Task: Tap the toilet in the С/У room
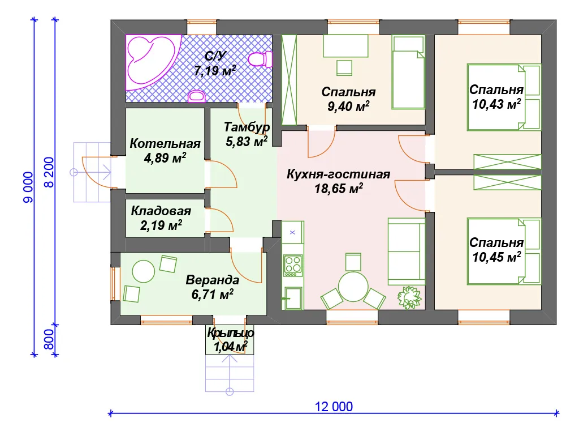coord(260,59)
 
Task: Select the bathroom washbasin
coord(196,96)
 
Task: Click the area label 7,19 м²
coord(215,70)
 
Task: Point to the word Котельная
coord(165,143)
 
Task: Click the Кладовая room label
coord(161,211)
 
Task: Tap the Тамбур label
coord(247,127)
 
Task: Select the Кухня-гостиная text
coord(338,174)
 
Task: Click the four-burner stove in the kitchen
coord(293,265)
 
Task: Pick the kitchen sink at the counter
coord(292,298)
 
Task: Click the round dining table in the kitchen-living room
coord(353,287)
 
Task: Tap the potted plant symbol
coord(409,297)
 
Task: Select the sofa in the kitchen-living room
coord(406,251)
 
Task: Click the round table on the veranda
coord(143,271)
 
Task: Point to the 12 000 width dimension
coord(334,407)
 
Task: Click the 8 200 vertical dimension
coord(49,172)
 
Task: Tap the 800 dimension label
coord(49,339)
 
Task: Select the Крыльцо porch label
coord(231,333)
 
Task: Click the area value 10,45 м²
coord(496,257)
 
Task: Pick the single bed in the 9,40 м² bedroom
coord(408,72)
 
